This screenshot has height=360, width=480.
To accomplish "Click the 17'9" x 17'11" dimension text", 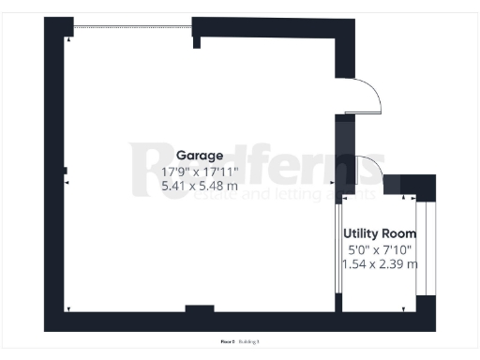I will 200,172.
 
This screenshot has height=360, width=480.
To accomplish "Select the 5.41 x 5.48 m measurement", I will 200,186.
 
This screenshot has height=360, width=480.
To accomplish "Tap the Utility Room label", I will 380,232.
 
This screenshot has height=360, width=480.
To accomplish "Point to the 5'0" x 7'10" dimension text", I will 380,248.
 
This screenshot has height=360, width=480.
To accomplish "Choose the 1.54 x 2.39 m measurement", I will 380,263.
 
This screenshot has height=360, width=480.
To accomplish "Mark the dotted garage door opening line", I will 132,26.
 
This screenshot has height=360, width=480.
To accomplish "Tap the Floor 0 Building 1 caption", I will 239,342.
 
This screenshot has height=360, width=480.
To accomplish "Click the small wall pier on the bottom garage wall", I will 199,308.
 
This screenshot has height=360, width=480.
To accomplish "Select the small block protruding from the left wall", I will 66,171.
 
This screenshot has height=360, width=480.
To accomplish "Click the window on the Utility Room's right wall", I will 422,248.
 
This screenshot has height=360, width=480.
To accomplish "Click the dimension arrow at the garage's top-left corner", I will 68,39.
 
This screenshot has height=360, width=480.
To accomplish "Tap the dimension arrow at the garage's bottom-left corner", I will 68,308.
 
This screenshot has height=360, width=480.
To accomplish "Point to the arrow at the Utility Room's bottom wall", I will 405,308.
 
